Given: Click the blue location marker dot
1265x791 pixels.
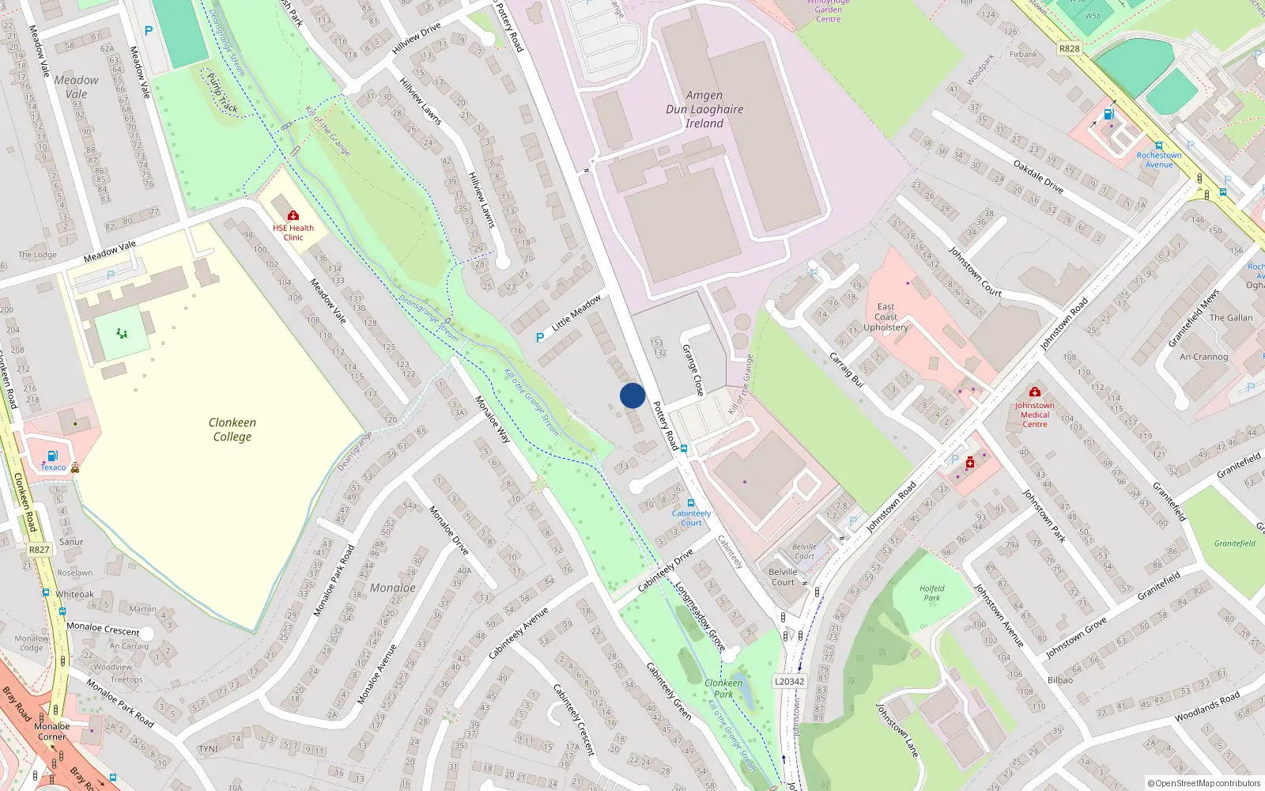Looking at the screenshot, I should click(x=632, y=395).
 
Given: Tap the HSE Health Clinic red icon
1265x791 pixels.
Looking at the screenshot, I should click(x=293, y=215).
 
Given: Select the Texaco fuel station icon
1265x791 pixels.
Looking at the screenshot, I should click(x=52, y=456).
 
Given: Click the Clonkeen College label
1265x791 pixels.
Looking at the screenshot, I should click(x=232, y=430).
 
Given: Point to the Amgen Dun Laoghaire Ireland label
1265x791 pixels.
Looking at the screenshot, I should click(x=704, y=109).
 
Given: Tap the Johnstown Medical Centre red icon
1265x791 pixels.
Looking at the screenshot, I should click(x=1034, y=392).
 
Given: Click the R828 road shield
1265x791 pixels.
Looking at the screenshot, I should click(x=1069, y=48).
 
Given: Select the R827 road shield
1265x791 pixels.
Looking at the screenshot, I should click(x=39, y=550).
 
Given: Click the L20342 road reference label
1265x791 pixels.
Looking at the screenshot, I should click(x=789, y=681).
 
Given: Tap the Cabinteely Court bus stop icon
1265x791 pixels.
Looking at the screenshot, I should click(x=691, y=503).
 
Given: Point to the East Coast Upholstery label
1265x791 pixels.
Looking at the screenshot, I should click(x=885, y=317).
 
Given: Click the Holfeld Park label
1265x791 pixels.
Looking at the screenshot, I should click(x=932, y=593).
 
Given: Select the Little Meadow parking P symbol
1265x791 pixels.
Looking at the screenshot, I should click(x=540, y=338).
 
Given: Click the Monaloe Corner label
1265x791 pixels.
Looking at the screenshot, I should click(x=52, y=731).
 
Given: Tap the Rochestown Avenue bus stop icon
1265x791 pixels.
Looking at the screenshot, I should click(x=1159, y=146).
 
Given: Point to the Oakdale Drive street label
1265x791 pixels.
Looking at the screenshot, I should click(x=1038, y=176).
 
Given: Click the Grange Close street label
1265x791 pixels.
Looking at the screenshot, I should click(x=693, y=370).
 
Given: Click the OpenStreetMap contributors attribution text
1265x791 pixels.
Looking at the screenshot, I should click(x=1204, y=783).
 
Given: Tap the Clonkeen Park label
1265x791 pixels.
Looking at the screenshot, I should click(x=723, y=688).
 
